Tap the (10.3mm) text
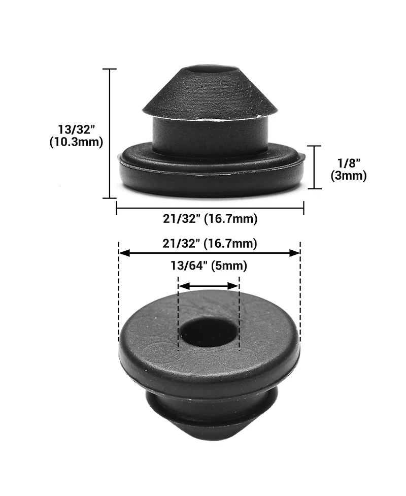[x=76, y=142]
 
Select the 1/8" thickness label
[x=348, y=163]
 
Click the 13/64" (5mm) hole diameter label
[x=209, y=265]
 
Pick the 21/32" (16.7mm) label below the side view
[x=210, y=219]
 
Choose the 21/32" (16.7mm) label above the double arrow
[x=210, y=243]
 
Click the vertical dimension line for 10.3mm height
[x=110, y=133]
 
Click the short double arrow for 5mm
[x=209, y=286]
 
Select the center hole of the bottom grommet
[x=209, y=333]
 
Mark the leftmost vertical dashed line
[x=119, y=294]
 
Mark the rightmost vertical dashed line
[x=300, y=294]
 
